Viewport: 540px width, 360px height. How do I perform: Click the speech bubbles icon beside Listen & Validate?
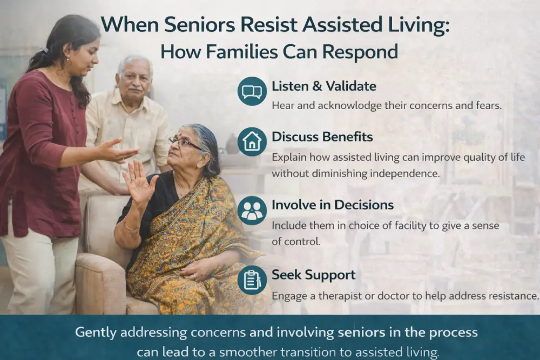252,91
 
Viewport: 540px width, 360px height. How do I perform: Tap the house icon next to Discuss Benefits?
252,141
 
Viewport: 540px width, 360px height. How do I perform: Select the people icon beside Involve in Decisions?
252,210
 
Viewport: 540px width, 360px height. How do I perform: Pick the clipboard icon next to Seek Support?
252,280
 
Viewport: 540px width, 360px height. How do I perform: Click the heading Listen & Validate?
323,86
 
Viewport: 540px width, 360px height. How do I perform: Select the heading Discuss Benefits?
322,137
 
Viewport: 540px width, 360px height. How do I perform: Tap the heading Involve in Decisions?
332,205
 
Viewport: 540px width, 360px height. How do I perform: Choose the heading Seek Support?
313,275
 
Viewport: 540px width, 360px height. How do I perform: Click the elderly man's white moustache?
136,89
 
